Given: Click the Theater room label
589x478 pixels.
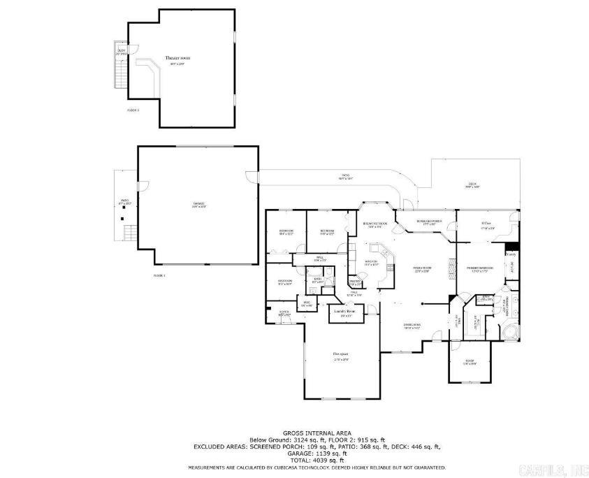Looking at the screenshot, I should pyautogui.click(x=177, y=59).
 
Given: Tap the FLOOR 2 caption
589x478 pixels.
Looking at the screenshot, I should pyautogui.click(x=133, y=110).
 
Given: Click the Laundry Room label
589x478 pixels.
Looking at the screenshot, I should pyautogui.click(x=347, y=310).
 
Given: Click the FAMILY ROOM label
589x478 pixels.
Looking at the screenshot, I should pyautogui.click(x=421, y=270).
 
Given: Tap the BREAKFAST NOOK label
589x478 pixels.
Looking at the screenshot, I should pyautogui.click(x=375, y=224).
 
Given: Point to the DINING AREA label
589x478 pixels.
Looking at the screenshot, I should pyautogui.click(x=412, y=326).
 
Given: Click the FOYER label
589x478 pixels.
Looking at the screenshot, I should pyautogui.click(x=284, y=313).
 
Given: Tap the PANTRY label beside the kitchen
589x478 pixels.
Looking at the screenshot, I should pyautogui.click(x=355, y=282).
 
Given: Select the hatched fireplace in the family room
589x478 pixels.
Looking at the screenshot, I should pyautogui.click(x=450, y=269).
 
